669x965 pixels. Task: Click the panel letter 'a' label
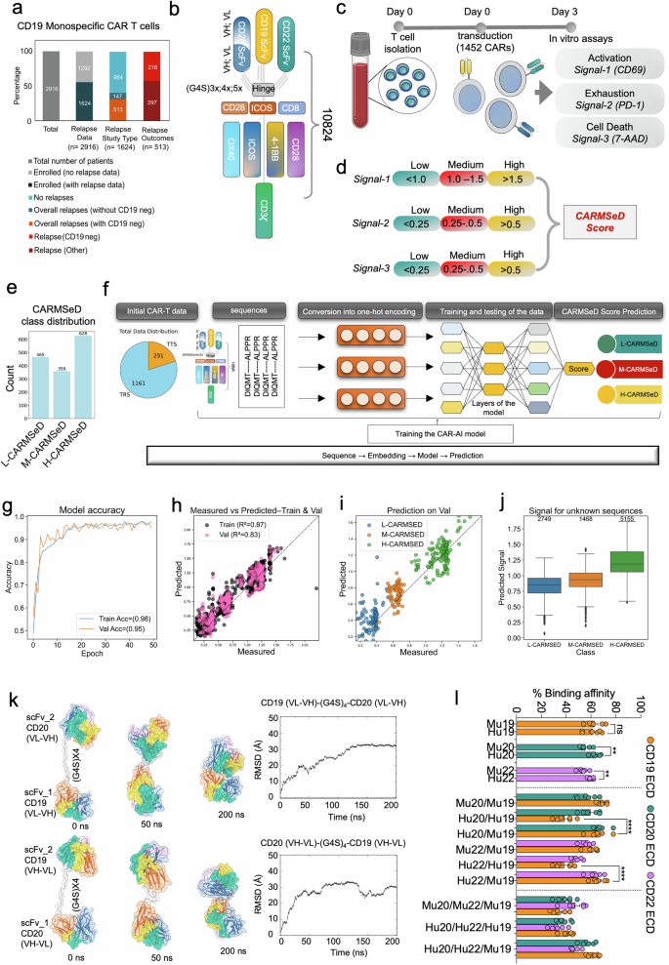(x=13, y=11)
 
